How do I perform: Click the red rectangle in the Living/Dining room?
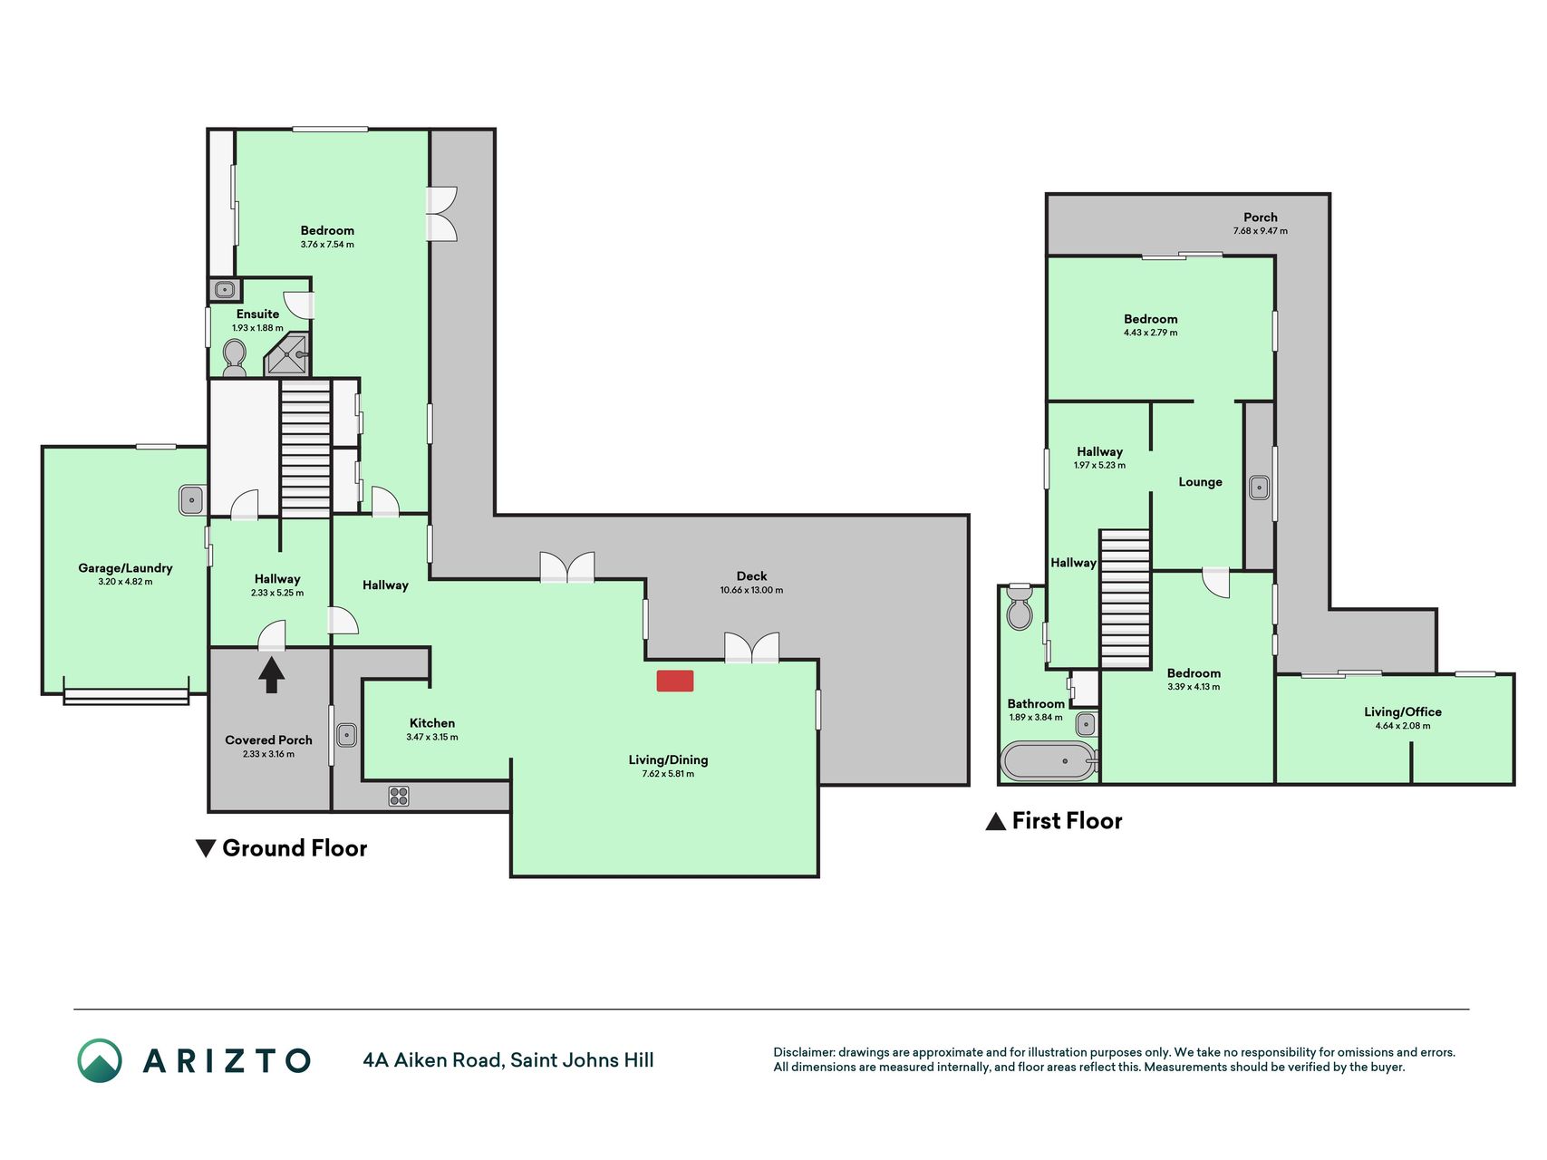point(675,681)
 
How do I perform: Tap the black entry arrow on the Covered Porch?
point(271,675)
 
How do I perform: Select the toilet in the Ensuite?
point(234,358)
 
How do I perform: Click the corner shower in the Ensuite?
point(288,355)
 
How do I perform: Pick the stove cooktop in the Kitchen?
point(399,796)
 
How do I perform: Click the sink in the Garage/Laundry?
point(192,500)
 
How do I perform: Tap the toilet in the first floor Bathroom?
point(1020,608)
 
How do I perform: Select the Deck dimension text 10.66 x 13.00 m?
point(751,590)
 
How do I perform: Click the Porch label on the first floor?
point(1261,217)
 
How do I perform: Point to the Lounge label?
point(1200,482)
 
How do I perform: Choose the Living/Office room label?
point(1403,712)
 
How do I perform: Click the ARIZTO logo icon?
point(100,1060)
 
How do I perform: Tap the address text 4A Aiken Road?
point(432,1060)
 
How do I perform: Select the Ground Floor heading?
point(295,848)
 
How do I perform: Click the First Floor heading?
point(1067,821)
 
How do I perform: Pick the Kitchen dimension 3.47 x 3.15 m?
point(432,737)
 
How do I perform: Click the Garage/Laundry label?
point(125,568)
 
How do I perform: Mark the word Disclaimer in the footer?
point(804,1052)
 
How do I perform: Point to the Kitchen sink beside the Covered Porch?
point(346,735)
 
